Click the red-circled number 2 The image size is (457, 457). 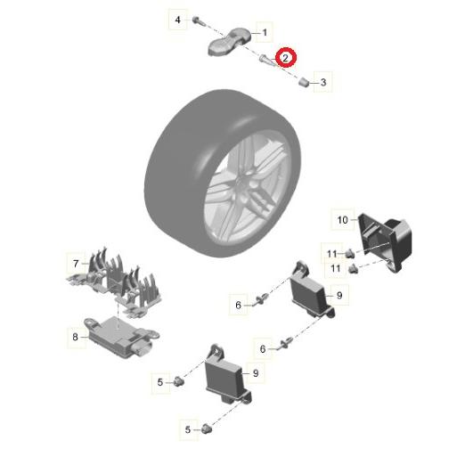[x=285, y=58]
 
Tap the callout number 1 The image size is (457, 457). [x=265, y=32]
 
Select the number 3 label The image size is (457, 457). [x=323, y=82]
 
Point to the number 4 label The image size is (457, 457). [x=177, y=20]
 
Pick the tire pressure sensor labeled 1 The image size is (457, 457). [x=229, y=42]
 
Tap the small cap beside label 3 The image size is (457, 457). [x=304, y=82]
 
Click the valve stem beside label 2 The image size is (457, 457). [x=267, y=59]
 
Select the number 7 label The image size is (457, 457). [x=76, y=263]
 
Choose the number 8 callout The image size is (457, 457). [x=75, y=337]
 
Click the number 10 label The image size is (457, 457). [x=342, y=220]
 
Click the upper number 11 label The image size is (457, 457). [x=331, y=254]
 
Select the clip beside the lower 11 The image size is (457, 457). [x=353, y=269]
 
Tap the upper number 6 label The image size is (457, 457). [x=238, y=305]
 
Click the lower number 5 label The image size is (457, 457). [x=187, y=429]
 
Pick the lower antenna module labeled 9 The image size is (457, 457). [x=227, y=376]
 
